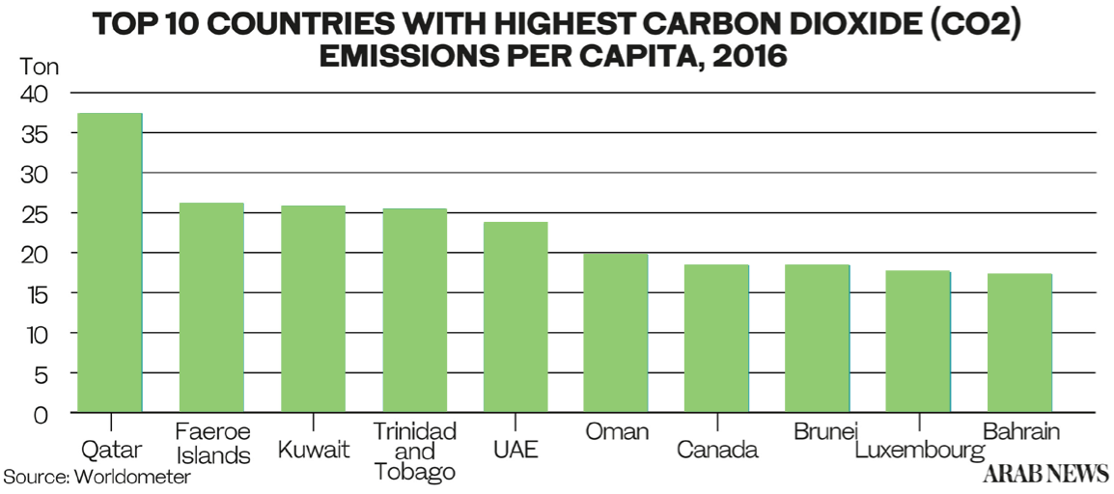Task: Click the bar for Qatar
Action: [110, 262]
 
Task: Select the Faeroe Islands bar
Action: [211, 308]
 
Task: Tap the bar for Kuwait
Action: [313, 309]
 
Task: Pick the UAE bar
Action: [515, 317]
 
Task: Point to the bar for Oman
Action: [616, 333]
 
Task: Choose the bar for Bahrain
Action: [1019, 343]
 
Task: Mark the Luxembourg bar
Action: [918, 342]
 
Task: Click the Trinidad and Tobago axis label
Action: [414, 451]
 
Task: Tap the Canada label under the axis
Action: [717, 450]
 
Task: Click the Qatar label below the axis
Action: [111, 450]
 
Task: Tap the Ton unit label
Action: [39, 68]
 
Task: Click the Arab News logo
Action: [1044, 474]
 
